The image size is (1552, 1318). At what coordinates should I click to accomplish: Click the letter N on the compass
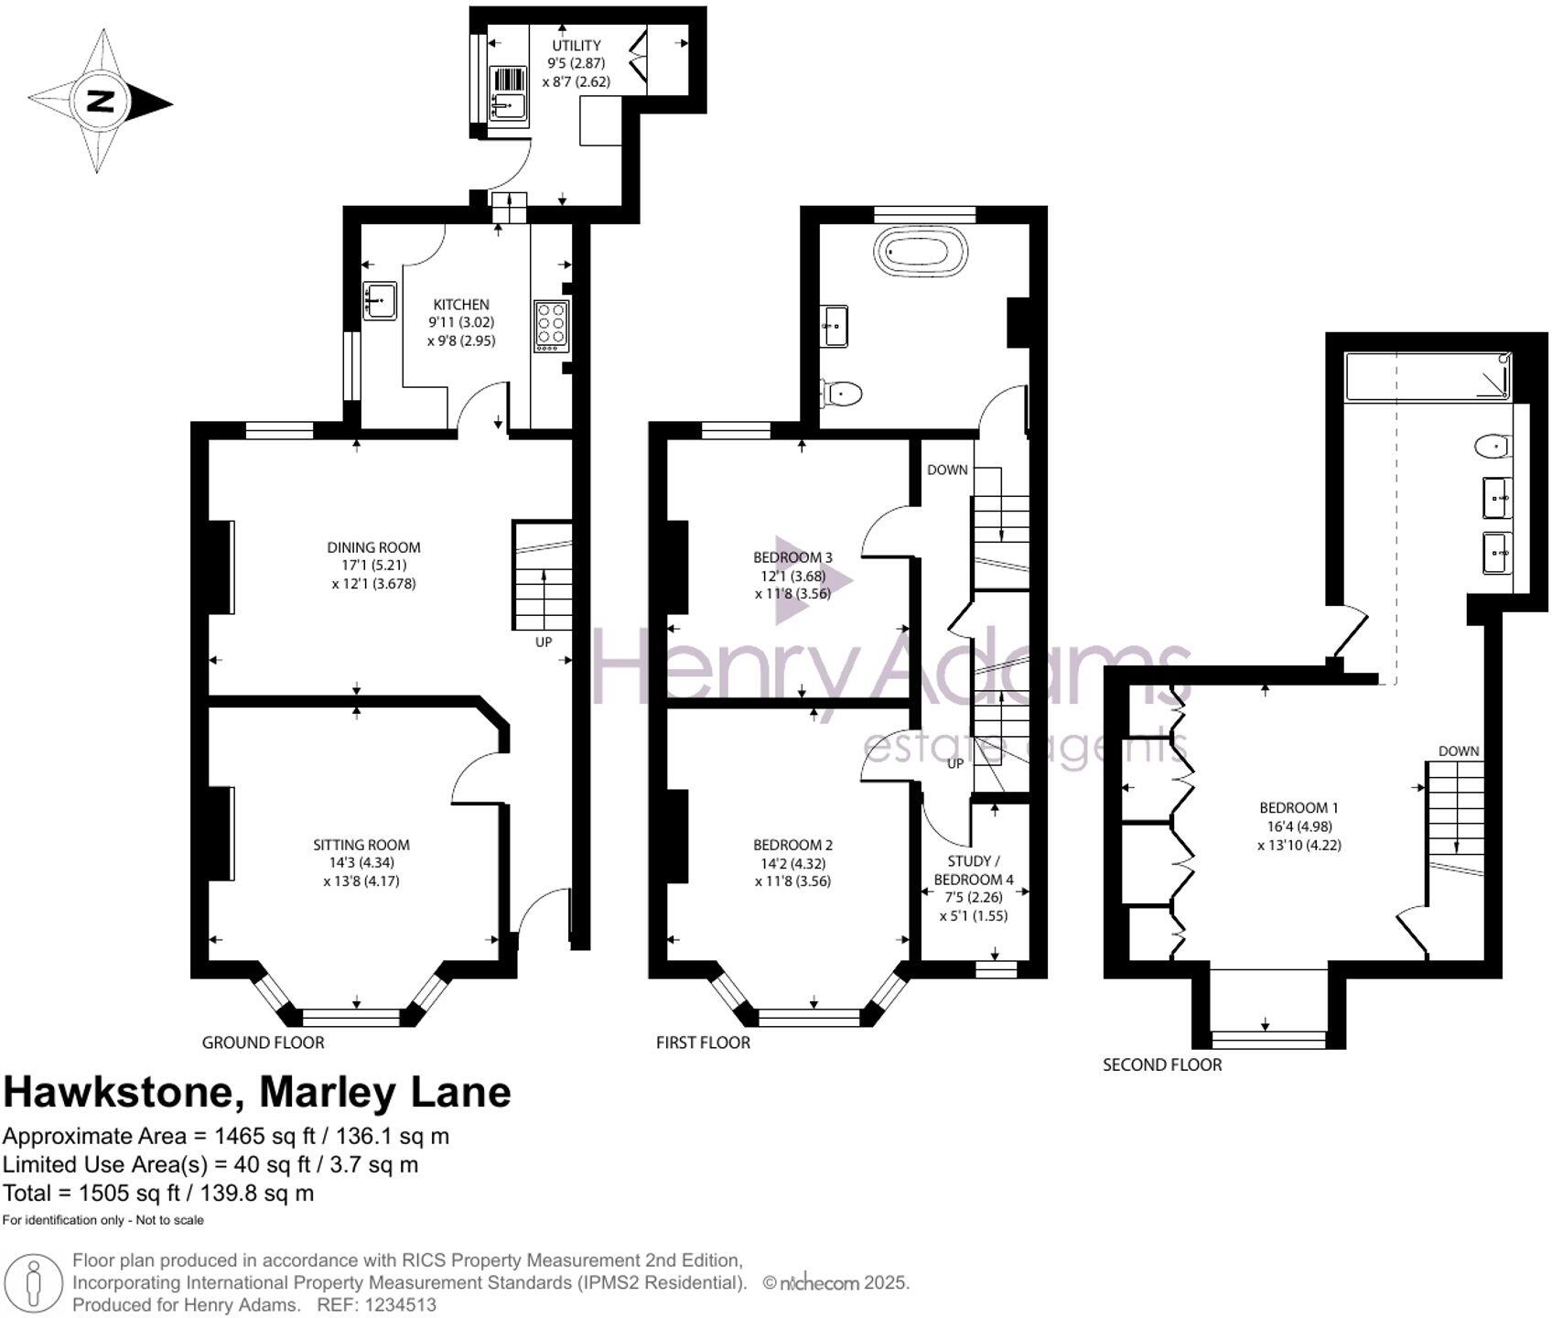101,101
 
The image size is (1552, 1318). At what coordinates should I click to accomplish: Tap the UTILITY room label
577,46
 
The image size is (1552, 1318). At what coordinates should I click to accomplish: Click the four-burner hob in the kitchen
551,326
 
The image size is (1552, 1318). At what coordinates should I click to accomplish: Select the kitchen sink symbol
380,299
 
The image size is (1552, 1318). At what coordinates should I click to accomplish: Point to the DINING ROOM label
373,547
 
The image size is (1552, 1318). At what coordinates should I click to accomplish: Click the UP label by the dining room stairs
544,642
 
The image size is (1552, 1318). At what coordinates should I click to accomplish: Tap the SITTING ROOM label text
361,845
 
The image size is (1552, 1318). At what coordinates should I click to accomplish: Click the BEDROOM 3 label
792,556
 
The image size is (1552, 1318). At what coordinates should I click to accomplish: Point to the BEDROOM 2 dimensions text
792,872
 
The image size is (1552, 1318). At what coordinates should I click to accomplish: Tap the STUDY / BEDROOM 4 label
974,870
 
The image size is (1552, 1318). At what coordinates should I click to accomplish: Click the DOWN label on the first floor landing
947,470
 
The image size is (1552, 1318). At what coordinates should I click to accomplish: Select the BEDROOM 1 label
1299,807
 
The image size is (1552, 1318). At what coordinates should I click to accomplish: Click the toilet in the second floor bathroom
1492,447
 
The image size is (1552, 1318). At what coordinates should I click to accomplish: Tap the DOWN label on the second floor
1459,751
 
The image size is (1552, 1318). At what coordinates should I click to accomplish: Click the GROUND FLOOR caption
263,1042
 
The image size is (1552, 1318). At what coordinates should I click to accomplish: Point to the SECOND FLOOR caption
1162,1064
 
